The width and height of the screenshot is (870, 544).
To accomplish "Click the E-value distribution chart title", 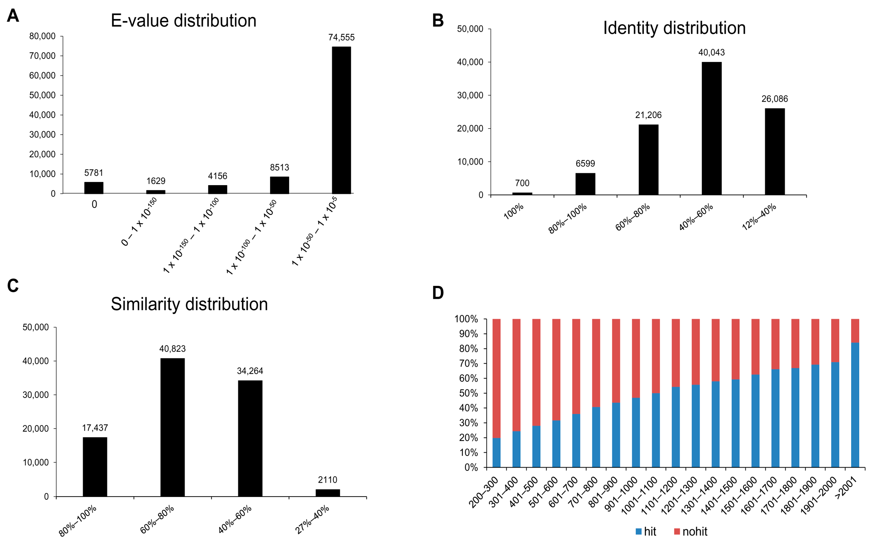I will (x=183, y=21).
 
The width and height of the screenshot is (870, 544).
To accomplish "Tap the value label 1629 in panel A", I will (x=155, y=181).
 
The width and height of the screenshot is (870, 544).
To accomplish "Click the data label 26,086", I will (x=774, y=99).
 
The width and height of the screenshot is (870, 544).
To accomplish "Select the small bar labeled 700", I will (x=522, y=194).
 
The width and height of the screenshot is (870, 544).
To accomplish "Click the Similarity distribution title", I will (x=189, y=304).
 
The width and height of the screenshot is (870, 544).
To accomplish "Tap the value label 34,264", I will (x=250, y=371).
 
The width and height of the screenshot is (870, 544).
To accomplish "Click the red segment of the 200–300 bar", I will (x=496, y=378).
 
